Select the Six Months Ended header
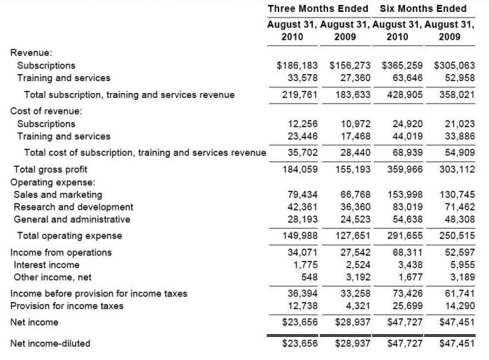point(423,8)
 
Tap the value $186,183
point(298,65)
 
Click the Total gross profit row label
point(50,168)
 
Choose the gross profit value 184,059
point(301,168)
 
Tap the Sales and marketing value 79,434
point(303,194)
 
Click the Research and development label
point(73,207)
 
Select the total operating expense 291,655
point(404,236)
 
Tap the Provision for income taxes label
point(66,305)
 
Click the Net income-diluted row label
point(50,343)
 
